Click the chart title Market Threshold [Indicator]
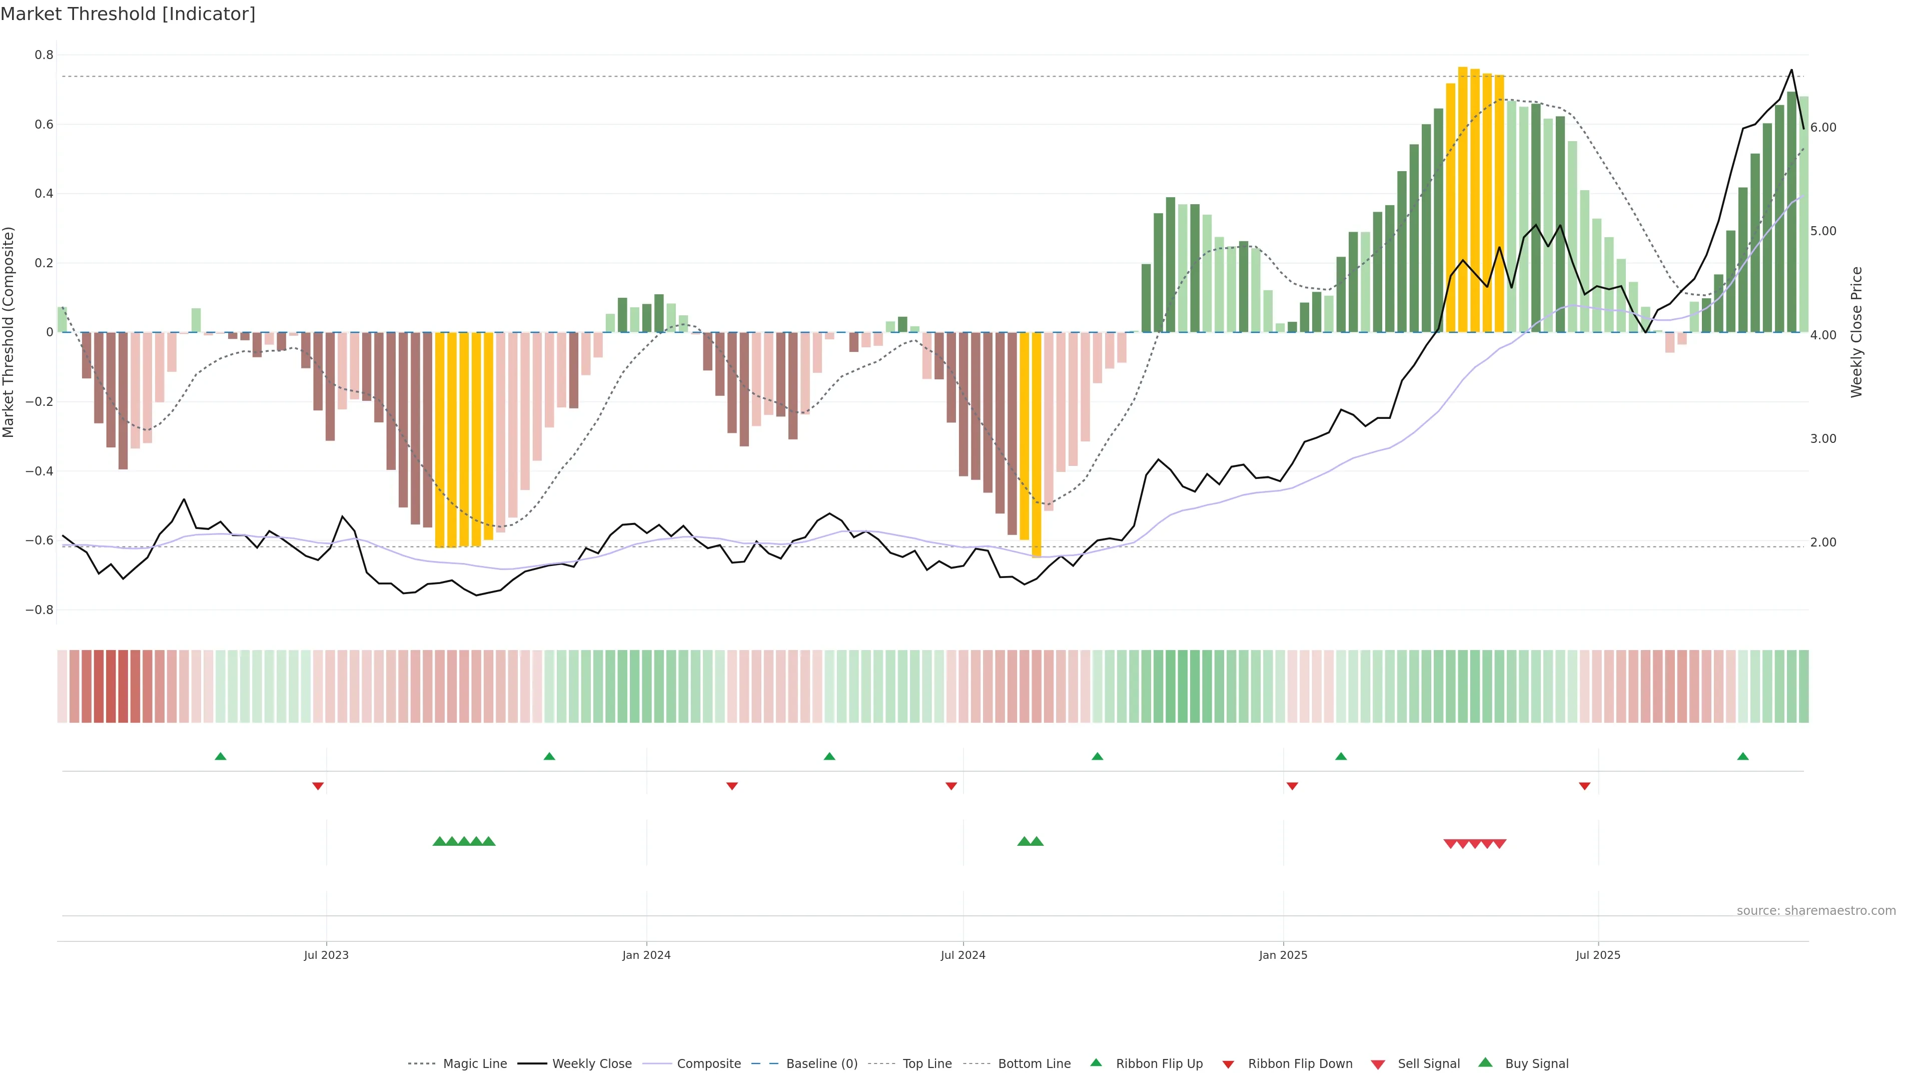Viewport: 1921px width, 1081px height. (128, 14)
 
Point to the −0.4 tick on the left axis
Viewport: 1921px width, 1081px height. (40, 471)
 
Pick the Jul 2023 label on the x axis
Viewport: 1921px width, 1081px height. (326, 955)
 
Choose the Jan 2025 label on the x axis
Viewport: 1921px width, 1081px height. (1283, 955)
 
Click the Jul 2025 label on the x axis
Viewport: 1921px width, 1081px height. (1597, 955)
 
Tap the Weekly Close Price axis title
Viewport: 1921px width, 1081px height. (1856, 332)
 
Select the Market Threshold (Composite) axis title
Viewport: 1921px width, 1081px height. (9, 332)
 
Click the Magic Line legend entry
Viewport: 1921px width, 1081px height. (474, 1064)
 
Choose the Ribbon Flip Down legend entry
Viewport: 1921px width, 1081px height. (1299, 1064)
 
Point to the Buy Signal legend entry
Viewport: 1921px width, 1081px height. (1536, 1064)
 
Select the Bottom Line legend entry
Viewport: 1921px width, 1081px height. (1034, 1064)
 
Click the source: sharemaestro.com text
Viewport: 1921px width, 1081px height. (1816, 911)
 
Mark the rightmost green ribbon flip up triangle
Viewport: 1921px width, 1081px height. (1743, 757)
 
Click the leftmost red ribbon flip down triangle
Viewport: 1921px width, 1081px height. (318, 786)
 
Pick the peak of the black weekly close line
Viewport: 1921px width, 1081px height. (1791, 70)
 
